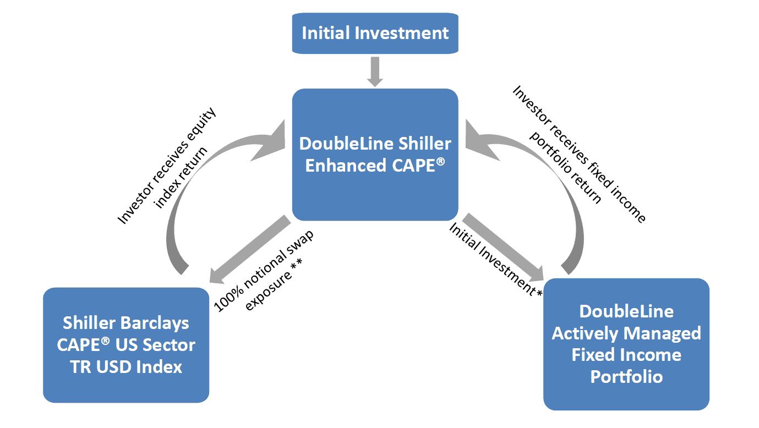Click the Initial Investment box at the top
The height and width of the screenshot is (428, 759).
tap(375, 33)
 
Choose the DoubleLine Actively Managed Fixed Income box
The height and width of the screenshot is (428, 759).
tap(626, 344)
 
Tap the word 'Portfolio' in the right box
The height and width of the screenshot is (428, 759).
tap(626, 377)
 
